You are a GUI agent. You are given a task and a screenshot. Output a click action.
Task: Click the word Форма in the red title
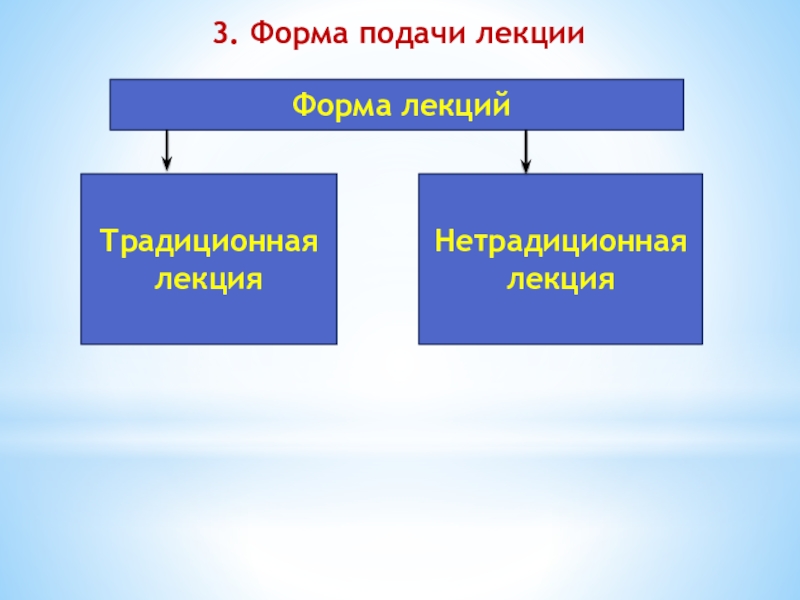click(290, 35)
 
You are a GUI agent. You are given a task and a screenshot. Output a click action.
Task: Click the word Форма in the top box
click(339, 104)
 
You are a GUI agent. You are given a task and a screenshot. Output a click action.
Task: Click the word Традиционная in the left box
click(208, 242)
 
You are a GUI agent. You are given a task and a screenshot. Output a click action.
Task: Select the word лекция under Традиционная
click(208, 278)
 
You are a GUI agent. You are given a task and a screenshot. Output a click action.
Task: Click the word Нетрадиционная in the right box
click(560, 242)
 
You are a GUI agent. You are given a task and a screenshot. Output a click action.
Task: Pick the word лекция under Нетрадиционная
click(560, 278)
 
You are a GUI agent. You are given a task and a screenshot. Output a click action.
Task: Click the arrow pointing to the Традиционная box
click(167, 149)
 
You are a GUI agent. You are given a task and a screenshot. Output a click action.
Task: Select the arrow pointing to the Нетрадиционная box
click(526, 149)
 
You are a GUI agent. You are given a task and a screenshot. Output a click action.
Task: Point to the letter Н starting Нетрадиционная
click(443, 242)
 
